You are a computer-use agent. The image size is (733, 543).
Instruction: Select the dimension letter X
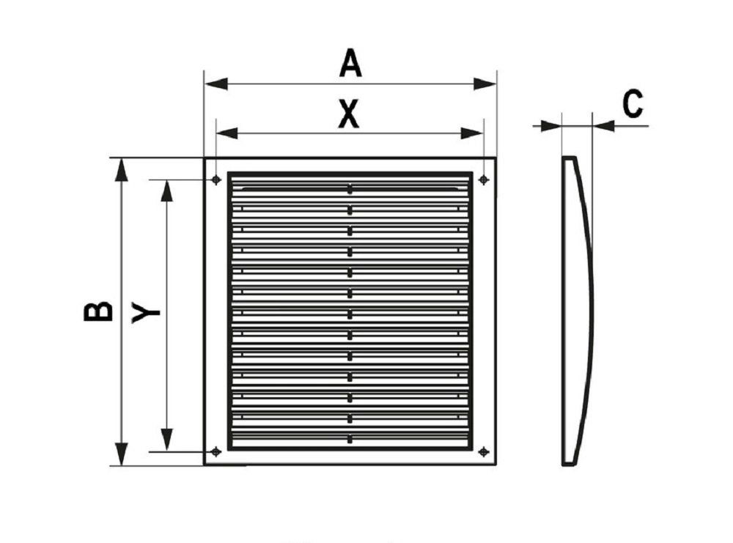[348, 114]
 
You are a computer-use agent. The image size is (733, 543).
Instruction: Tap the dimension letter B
[98, 311]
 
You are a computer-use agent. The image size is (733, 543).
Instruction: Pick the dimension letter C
[633, 104]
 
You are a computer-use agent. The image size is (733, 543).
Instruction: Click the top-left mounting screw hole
[216, 180]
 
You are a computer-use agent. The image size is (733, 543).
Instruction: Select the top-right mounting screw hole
[484, 180]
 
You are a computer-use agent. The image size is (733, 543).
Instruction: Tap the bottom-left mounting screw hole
[216, 451]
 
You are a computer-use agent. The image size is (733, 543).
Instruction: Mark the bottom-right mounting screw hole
[484, 451]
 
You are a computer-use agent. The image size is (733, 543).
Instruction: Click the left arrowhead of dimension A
[216, 84]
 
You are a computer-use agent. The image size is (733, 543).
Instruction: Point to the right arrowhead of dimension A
[485, 84]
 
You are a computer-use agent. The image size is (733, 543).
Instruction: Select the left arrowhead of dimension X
[227, 133]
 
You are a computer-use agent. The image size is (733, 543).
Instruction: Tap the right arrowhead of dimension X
[472, 133]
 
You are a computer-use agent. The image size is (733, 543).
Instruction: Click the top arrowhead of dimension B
[122, 169]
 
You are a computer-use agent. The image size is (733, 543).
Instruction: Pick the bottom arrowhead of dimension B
[122, 454]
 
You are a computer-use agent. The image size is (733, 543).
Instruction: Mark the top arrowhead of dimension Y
[166, 191]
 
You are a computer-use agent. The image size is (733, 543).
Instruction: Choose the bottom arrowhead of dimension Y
[166, 440]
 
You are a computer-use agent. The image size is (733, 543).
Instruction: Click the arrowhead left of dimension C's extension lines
[550, 126]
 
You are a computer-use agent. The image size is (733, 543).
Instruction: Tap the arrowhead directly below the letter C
[603, 126]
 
